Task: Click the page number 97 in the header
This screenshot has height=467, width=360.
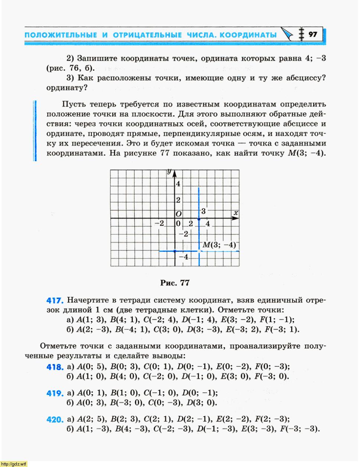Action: coord(313,34)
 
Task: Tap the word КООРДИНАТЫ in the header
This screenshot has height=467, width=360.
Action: coord(248,35)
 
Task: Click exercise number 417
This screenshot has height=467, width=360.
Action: coord(55,300)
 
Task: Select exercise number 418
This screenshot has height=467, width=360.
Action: coord(55,367)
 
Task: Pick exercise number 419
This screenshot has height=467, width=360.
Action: coord(55,393)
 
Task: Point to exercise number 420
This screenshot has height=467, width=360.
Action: coord(55,420)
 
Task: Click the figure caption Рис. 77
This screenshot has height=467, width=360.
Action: coord(175,283)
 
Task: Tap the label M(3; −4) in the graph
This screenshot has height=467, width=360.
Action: coord(219,245)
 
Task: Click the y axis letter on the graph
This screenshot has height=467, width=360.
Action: coord(169,171)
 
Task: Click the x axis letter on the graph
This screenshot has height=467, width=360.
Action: coord(236,213)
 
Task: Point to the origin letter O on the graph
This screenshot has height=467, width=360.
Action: coord(179,214)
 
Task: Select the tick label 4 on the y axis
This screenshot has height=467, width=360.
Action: coord(178,184)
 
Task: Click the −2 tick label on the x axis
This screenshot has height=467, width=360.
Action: coord(159,224)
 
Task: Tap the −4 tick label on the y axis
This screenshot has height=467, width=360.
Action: coord(183,257)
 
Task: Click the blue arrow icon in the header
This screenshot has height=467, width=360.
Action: coord(287,34)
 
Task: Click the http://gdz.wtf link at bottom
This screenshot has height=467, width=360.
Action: coord(14,464)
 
